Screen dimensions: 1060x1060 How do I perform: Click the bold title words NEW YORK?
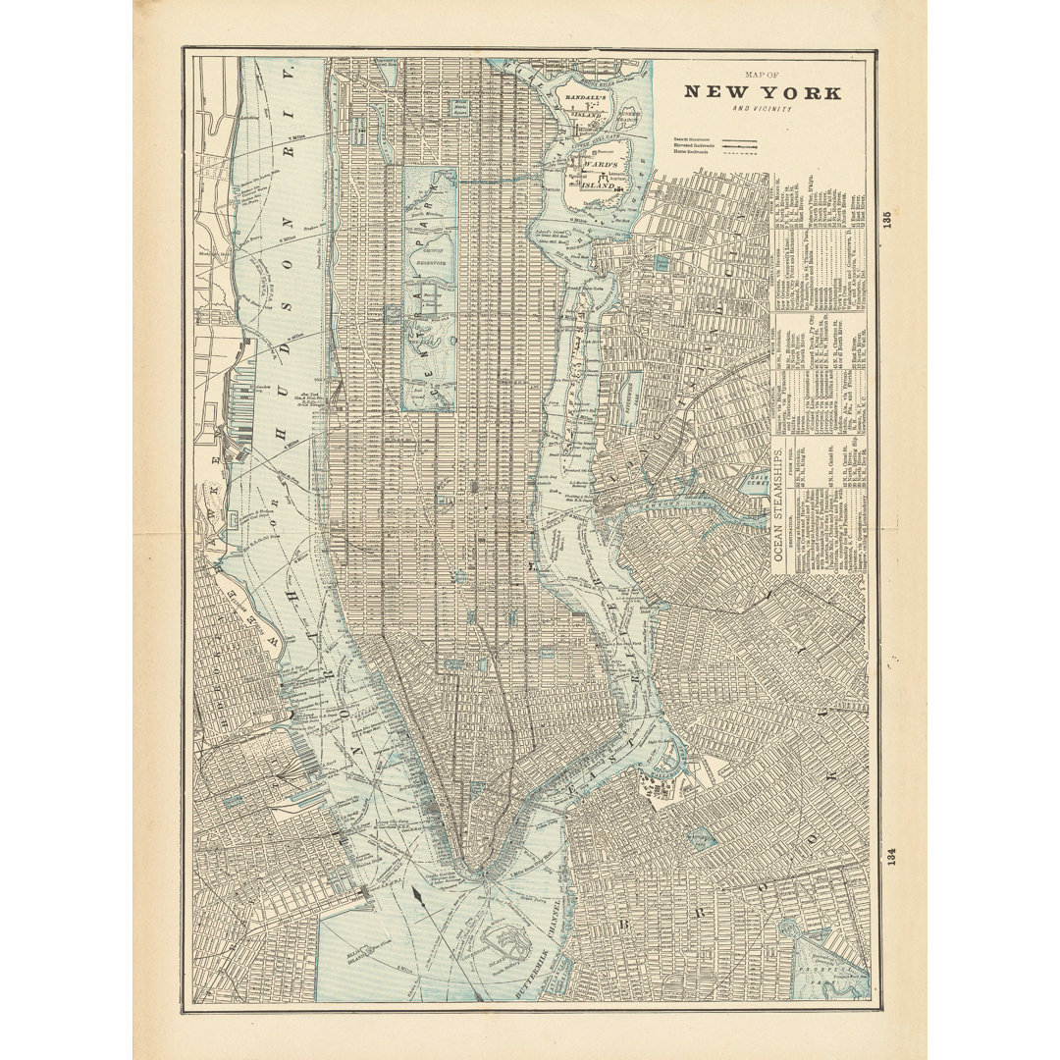click(x=762, y=92)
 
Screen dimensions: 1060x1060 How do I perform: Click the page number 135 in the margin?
click(x=887, y=220)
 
